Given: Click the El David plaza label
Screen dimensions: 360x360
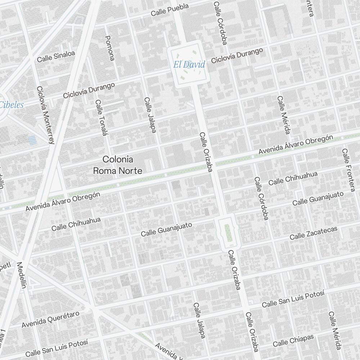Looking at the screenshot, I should coord(189,65).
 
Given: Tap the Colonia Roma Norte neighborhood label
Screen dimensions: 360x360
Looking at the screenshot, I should coord(118,165).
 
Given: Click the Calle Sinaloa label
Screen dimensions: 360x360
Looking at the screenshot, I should coord(56,56).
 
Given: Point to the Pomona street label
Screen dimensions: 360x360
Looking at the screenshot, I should coord(109,48).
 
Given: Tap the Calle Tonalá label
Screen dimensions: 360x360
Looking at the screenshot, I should coord(101,118).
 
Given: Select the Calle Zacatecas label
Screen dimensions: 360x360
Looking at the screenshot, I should coord(314,233).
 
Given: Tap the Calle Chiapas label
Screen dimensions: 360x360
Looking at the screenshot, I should coord(293,340).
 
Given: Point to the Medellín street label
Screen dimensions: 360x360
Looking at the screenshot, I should coord(22,275).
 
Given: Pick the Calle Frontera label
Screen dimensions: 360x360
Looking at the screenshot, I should coord(348,169).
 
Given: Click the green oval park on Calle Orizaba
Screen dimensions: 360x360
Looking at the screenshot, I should coord(227,233).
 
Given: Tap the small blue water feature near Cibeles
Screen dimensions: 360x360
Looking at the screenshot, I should coord(32,140).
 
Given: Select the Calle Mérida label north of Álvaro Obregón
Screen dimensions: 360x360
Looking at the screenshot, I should coord(283,115).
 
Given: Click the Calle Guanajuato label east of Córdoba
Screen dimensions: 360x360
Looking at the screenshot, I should coord(318,198).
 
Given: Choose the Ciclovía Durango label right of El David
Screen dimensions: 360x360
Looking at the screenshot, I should coord(237,56).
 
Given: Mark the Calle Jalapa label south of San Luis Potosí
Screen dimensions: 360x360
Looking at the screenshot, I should coord(199,320).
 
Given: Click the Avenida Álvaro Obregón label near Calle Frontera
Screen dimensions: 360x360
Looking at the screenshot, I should coord(296,146).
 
